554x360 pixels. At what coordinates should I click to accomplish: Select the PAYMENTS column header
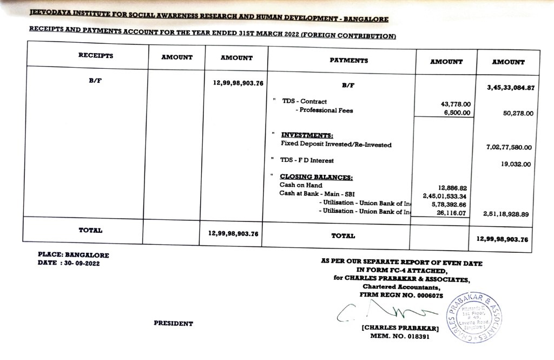(x=348, y=61)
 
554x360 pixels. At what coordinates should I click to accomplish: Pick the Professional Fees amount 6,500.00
(x=457, y=113)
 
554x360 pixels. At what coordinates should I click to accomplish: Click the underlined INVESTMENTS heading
(x=307, y=135)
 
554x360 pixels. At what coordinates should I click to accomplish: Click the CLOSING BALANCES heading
(x=316, y=177)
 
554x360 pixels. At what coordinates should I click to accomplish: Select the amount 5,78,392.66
(x=449, y=205)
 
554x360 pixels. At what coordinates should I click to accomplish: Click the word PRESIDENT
(x=173, y=324)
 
